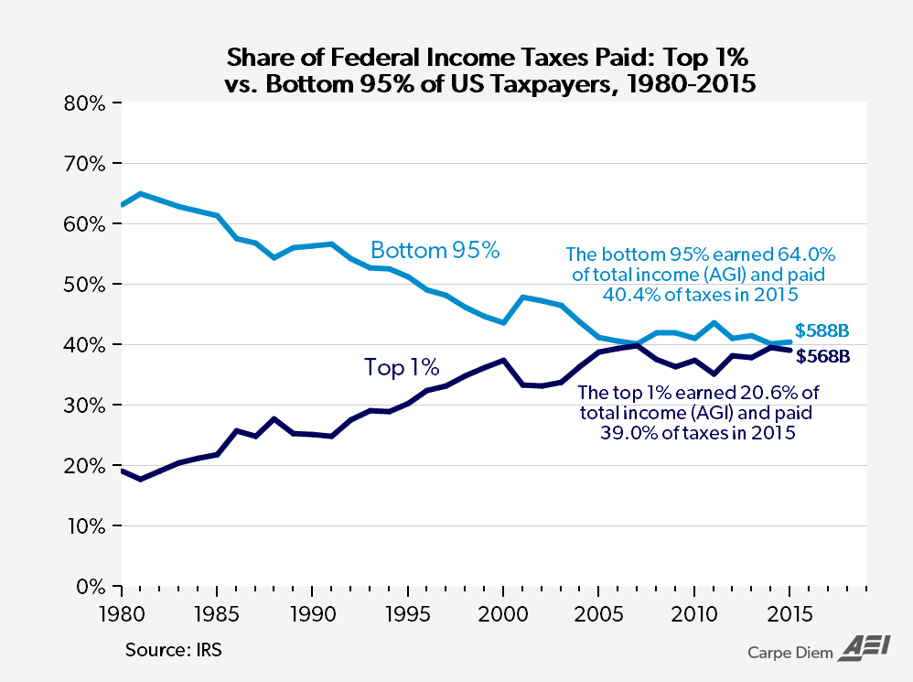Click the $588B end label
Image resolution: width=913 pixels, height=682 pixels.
(x=822, y=330)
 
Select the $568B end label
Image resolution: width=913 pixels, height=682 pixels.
(x=822, y=357)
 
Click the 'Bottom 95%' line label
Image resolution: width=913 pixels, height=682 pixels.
(x=435, y=249)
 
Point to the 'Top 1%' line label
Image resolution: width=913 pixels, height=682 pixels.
(x=402, y=368)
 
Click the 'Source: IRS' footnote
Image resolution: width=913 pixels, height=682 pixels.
(x=174, y=651)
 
